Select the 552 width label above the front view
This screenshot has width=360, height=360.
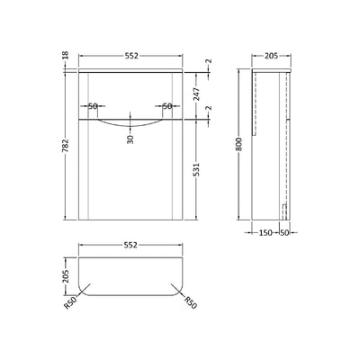point(135,55)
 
